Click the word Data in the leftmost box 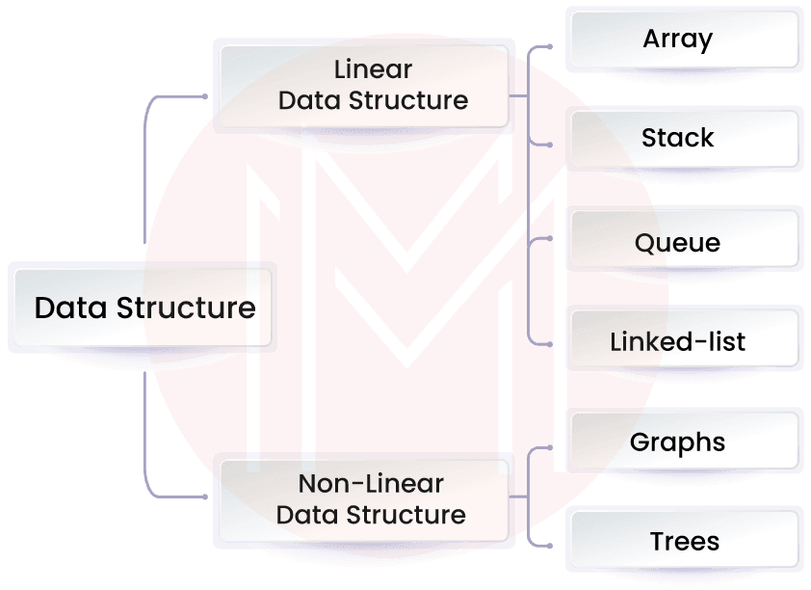[x=72, y=308]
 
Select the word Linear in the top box [x=373, y=70]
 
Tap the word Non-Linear [x=371, y=484]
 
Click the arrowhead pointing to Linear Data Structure [x=205, y=95]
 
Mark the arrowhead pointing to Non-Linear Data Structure [x=205, y=496]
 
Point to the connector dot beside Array [x=549, y=45]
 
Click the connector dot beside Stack [x=549, y=145]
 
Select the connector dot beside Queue [x=549, y=237]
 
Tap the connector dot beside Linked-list [x=549, y=342]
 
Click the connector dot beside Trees [x=549, y=546]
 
